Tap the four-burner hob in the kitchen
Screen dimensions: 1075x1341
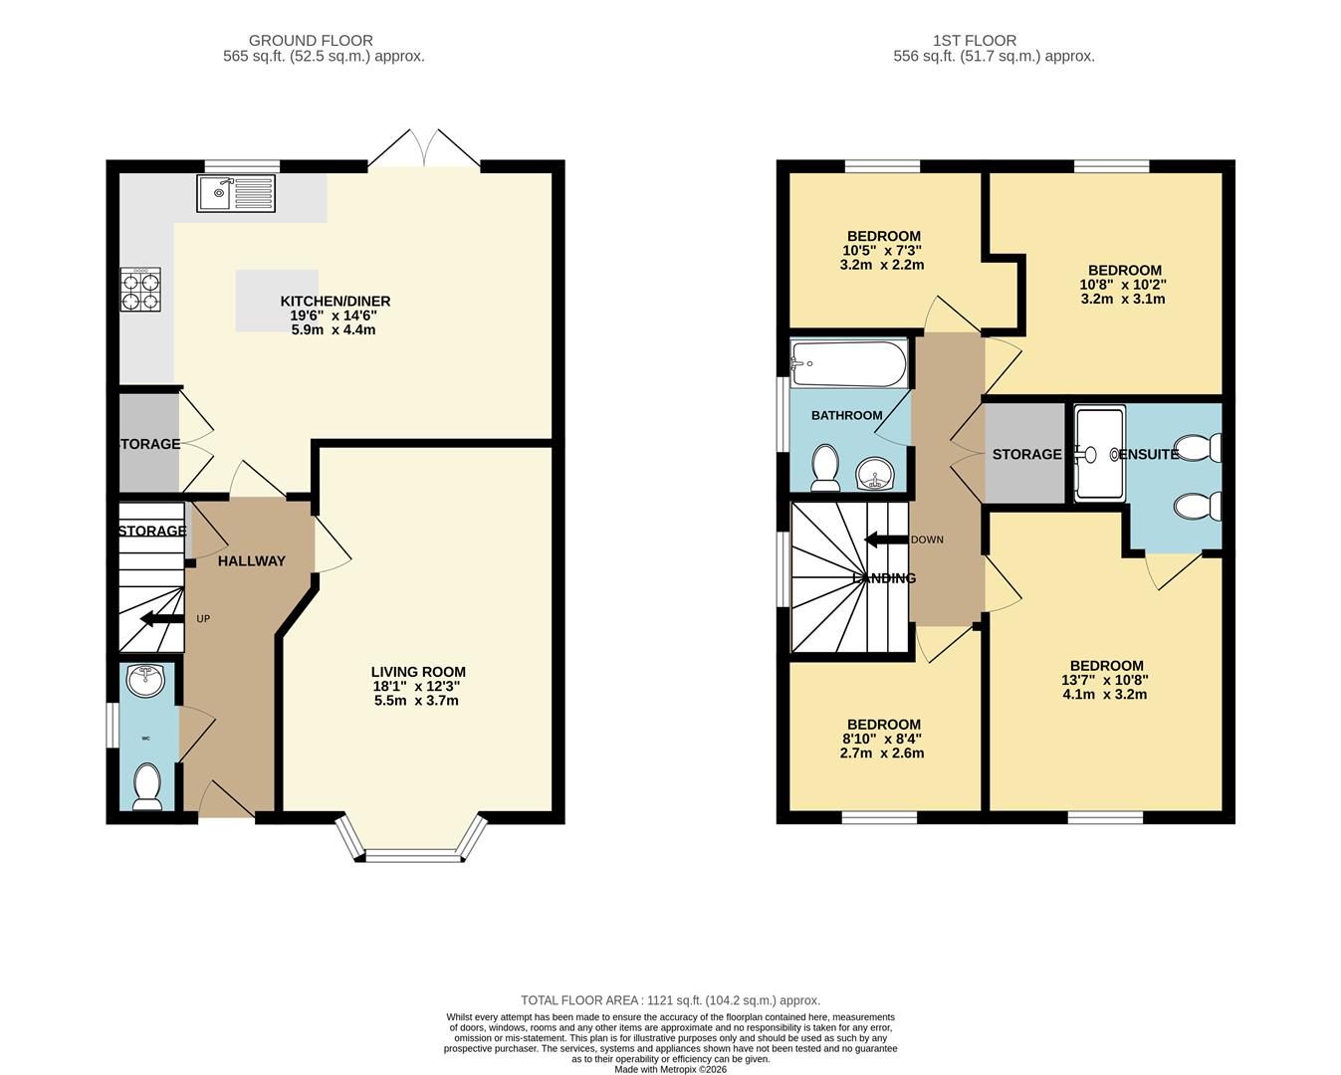pos(140,290)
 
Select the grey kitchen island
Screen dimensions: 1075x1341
pos(277,300)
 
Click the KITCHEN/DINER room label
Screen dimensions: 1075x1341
pos(335,301)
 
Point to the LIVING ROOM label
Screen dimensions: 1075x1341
pos(418,672)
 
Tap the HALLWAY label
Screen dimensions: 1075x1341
pos(252,560)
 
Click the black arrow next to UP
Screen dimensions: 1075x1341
pos(160,619)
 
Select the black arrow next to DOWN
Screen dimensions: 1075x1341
pos(883,539)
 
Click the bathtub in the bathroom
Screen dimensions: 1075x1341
pos(848,363)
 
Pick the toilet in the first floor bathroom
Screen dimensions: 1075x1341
pos(825,468)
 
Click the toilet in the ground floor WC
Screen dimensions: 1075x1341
pos(147,785)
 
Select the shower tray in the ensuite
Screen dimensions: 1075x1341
pos(1100,453)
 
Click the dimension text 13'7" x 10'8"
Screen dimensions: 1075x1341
pos(1105,680)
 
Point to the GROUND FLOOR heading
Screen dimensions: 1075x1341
pos(311,41)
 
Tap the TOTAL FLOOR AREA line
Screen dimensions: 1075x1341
pos(670,1000)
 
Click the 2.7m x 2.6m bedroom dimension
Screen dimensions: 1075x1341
pos(883,753)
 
